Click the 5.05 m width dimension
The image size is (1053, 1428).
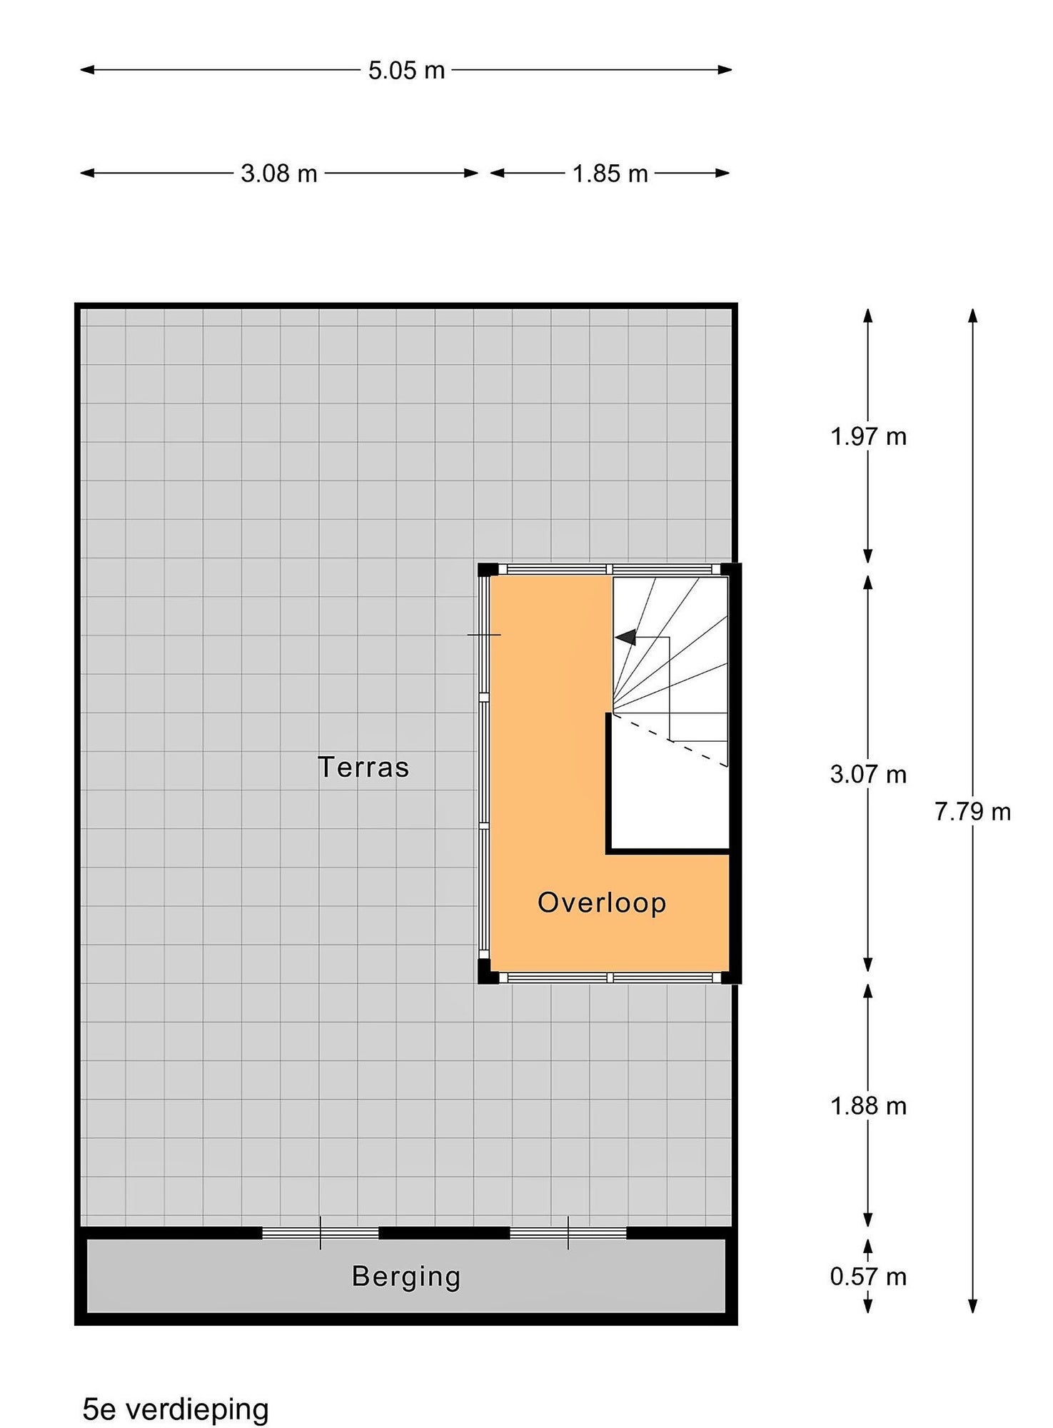tap(406, 70)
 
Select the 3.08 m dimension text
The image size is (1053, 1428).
tap(278, 174)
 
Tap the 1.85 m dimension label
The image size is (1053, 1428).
tap(610, 174)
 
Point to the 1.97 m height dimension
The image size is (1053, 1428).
tap(868, 436)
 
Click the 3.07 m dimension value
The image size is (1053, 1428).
tap(868, 774)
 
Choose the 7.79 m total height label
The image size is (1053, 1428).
tap(973, 812)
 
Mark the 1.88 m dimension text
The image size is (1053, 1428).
tap(868, 1106)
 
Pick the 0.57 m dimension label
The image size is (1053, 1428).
tap(868, 1277)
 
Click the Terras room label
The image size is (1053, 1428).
tap(363, 768)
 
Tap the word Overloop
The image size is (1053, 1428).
tap(602, 903)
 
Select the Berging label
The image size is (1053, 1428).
tap(406, 1278)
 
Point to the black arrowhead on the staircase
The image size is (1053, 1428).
tap(625, 637)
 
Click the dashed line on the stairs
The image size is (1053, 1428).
tap(670, 740)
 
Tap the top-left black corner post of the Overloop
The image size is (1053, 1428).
tap(488, 570)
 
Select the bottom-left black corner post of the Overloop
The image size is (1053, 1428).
tap(488, 972)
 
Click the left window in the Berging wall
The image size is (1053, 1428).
tap(321, 1233)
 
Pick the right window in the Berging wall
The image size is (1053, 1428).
tap(568, 1233)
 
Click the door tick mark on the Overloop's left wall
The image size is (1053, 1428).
tap(484, 635)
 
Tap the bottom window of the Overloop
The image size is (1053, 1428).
tap(610, 977)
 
